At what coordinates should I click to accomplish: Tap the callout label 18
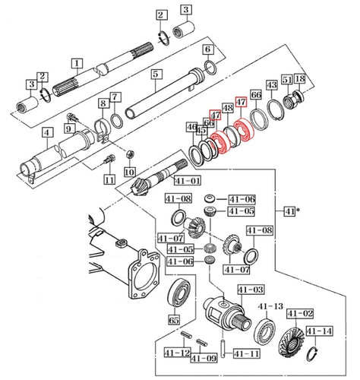(x=299, y=80)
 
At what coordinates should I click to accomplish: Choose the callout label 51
(x=286, y=80)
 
